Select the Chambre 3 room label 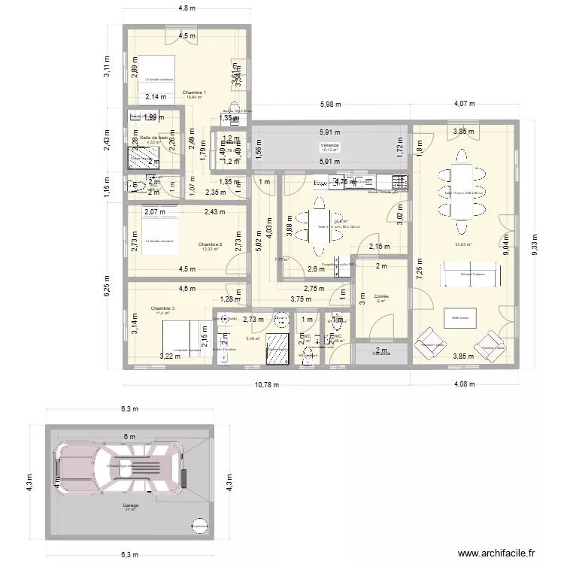point(162,308)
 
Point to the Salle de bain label point(153,138)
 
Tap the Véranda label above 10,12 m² point(329,144)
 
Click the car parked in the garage point(120,466)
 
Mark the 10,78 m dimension point(266,385)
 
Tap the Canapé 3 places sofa point(471,274)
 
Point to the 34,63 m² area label point(463,244)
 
